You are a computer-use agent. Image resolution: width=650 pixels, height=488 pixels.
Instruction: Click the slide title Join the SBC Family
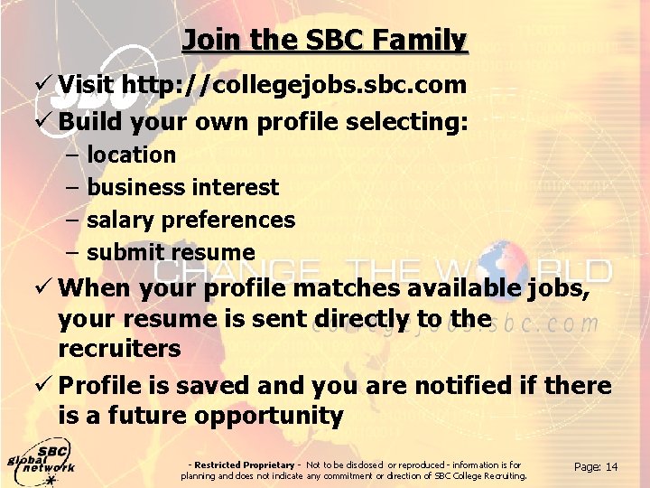pyautogui.click(x=325, y=41)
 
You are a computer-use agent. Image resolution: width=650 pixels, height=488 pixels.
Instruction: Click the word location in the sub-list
pyautogui.click(x=131, y=155)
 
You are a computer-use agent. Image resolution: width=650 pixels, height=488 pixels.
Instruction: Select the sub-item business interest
pyautogui.click(x=182, y=187)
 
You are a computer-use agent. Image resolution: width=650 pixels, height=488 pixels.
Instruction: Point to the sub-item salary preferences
pyautogui.click(x=190, y=220)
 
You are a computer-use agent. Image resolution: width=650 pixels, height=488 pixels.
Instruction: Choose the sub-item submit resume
pyautogui.click(x=171, y=252)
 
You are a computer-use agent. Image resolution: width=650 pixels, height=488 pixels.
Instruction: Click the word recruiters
pyautogui.click(x=119, y=348)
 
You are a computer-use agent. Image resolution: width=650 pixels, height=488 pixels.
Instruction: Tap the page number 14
pyautogui.click(x=611, y=466)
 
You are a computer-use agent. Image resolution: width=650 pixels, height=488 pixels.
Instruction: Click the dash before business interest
pyautogui.click(x=72, y=187)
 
